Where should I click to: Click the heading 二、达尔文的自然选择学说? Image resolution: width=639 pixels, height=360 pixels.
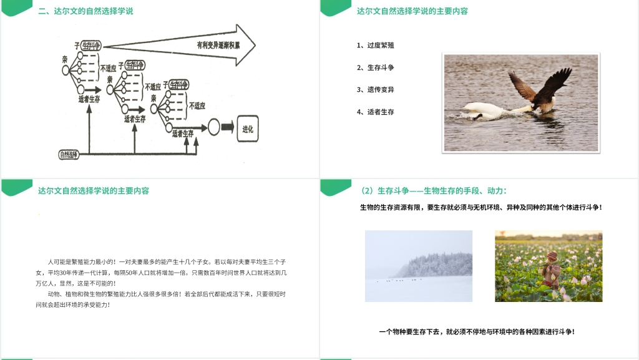(x=85, y=11)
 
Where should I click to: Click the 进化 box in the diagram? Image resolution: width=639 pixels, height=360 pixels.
(x=247, y=129)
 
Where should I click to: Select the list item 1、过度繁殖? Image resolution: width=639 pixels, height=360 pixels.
(x=375, y=46)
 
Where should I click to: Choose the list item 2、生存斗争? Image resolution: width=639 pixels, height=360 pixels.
(x=375, y=67)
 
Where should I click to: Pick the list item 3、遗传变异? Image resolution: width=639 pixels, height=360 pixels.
(x=375, y=90)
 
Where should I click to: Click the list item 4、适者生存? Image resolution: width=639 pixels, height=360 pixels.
(x=375, y=112)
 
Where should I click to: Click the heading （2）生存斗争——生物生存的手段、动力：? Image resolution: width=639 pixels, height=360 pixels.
(x=434, y=190)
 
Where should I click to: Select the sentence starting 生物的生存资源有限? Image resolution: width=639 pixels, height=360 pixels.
(x=480, y=207)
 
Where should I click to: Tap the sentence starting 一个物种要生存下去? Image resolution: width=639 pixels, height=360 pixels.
(x=477, y=332)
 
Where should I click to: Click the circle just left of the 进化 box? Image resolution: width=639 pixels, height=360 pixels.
(x=213, y=128)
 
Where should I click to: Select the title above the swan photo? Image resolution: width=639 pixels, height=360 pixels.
(x=412, y=11)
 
